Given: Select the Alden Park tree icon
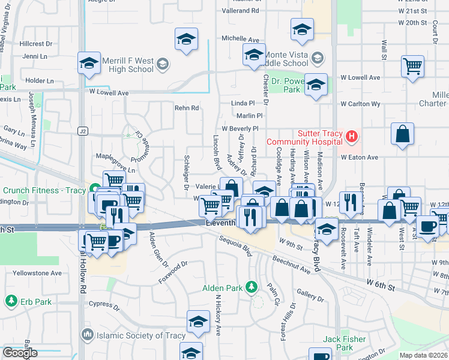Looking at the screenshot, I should click(252, 287).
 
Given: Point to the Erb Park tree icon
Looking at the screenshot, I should click(10, 300).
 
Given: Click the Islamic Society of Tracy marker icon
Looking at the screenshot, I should click(87, 335).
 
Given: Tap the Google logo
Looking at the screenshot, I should click(20, 353).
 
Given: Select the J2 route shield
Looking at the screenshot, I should click(82, 130).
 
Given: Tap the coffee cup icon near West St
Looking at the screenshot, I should click(428, 227).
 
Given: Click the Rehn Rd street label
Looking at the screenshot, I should click(186, 108).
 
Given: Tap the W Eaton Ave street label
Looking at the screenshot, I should click(360, 157).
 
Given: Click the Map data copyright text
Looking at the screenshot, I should click(424, 355).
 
